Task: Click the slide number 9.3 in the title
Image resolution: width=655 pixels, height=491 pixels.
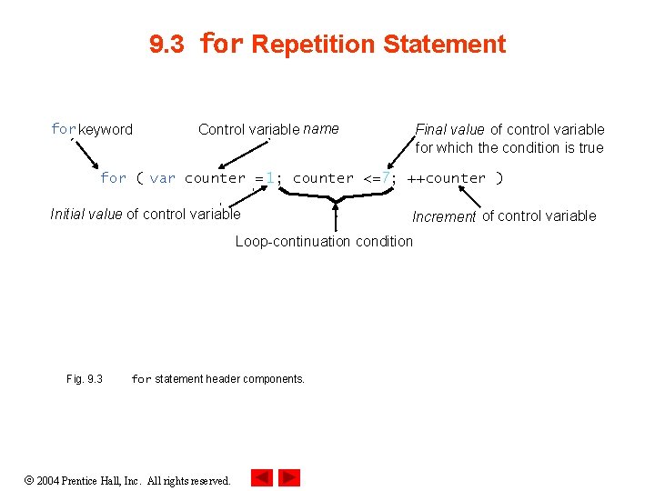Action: [x=166, y=45]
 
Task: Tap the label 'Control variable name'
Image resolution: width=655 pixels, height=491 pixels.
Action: [x=268, y=129]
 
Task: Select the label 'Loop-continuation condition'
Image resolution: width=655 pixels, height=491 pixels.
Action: [x=324, y=241]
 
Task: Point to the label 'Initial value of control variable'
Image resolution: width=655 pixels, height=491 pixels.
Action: [x=146, y=215]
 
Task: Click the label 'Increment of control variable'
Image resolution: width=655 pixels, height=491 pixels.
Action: [x=504, y=215]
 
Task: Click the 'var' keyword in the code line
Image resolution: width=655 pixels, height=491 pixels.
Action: [x=162, y=178]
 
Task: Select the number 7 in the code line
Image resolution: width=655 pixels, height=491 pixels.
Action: [x=386, y=178]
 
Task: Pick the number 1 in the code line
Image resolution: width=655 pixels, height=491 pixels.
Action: [x=270, y=178]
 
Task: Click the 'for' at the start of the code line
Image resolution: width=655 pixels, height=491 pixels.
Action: [x=113, y=178]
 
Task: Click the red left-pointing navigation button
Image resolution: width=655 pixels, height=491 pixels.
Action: [x=262, y=477]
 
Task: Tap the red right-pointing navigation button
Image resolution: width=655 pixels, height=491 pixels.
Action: [x=289, y=477]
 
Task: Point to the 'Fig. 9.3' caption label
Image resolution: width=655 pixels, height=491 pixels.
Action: [x=85, y=378]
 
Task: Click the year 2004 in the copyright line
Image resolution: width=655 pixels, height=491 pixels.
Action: [x=49, y=480]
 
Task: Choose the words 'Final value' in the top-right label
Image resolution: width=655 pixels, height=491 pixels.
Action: [x=450, y=129]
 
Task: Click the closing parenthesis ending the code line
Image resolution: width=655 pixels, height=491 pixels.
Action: [x=499, y=178]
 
